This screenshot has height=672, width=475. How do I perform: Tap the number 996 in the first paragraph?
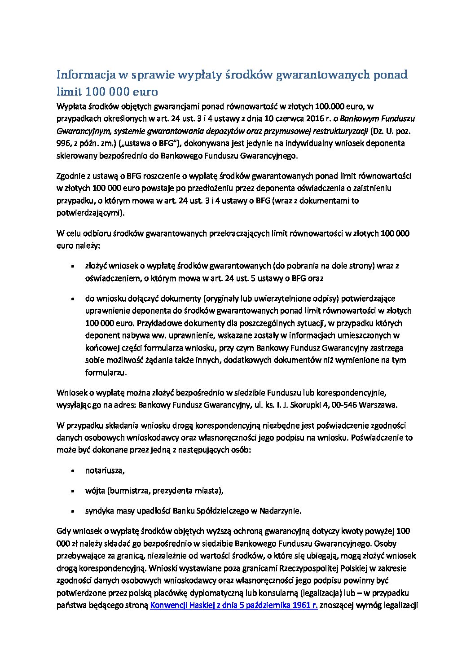click(63, 143)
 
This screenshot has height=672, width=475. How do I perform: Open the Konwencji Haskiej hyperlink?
click(234, 605)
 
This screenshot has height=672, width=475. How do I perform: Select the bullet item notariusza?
click(105, 470)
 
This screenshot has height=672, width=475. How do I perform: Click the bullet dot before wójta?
click(73, 491)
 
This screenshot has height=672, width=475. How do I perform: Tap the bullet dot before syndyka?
click(73, 511)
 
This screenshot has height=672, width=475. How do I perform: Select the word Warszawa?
click(379, 405)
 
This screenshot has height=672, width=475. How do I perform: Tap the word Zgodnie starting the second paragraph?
click(71, 176)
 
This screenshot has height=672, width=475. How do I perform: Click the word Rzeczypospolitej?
click(308, 568)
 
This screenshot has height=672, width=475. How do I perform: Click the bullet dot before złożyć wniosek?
click(73, 266)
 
